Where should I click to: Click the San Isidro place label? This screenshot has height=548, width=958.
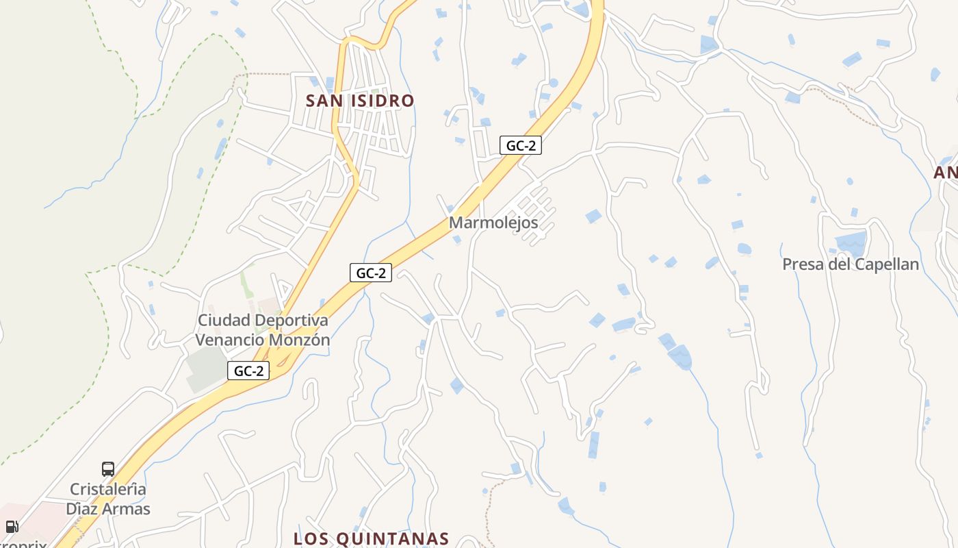click(x=359, y=101)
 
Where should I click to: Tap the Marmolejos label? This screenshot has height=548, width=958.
click(x=493, y=223)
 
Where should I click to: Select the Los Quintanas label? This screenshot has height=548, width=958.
click(x=371, y=538)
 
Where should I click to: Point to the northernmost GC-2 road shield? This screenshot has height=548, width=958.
click(x=520, y=145)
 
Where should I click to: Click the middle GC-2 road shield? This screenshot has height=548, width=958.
click(x=370, y=273)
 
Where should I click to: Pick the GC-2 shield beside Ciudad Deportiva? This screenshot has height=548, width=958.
click(x=248, y=371)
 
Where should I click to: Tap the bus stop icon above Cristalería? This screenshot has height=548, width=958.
click(x=108, y=469)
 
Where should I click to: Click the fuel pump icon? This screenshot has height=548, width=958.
click(x=12, y=527)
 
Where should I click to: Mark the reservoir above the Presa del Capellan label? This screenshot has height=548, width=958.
click(x=851, y=243)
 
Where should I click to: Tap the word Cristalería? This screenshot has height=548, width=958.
click(x=108, y=490)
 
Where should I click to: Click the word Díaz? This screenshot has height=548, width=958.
click(x=83, y=509)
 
